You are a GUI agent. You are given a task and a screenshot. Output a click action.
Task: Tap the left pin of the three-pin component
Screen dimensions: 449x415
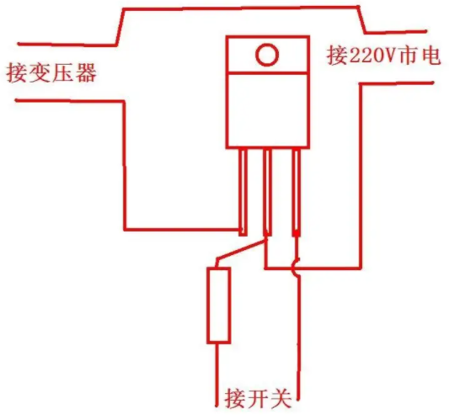[x=243, y=192]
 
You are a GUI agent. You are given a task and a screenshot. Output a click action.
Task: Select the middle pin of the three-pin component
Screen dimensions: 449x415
[x=267, y=192]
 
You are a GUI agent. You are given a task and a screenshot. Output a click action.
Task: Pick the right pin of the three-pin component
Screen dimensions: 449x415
[x=297, y=192]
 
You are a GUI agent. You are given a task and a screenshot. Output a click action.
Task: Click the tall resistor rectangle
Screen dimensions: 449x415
[x=218, y=305]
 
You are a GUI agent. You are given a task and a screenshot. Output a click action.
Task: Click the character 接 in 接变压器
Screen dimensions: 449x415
[x=17, y=72]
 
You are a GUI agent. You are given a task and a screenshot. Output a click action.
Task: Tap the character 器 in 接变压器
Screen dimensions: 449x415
[x=86, y=72]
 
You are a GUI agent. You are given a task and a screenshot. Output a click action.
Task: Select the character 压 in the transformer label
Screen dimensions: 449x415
[x=63, y=72]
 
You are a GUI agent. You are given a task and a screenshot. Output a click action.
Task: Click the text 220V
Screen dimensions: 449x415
[x=371, y=56]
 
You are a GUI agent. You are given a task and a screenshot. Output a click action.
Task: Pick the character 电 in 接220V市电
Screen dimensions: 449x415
[x=430, y=56]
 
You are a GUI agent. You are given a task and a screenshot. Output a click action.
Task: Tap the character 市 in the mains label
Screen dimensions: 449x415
[x=406, y=56]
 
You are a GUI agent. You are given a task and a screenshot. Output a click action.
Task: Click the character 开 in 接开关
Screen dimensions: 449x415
[x=257, y=398]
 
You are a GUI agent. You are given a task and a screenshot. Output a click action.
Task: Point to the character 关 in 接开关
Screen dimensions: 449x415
[x=280, y=398]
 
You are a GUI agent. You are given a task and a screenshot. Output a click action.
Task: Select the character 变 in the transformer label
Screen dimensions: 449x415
[x=40, y=72]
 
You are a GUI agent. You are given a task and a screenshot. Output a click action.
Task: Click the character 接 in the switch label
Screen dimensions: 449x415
[x=235, y=398]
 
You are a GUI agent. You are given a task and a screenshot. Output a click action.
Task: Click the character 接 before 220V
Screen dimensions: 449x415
[x=337, y=56]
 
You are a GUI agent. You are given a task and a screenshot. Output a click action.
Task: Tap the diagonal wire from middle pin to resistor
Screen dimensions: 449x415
[x=242, y=250]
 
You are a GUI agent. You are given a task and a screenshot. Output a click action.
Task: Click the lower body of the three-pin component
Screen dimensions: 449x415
[x=267, y=110]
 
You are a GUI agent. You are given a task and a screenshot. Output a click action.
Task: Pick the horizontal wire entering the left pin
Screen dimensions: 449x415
[x=182, y=229]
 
